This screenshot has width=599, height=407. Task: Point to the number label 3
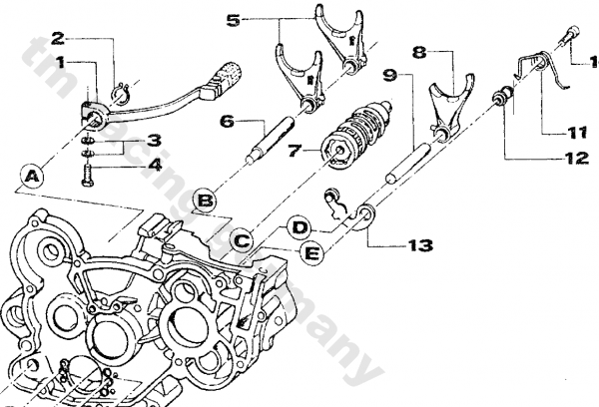153,140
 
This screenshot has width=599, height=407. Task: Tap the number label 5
233,19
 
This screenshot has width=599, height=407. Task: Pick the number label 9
390,74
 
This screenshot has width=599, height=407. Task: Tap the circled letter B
205,203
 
